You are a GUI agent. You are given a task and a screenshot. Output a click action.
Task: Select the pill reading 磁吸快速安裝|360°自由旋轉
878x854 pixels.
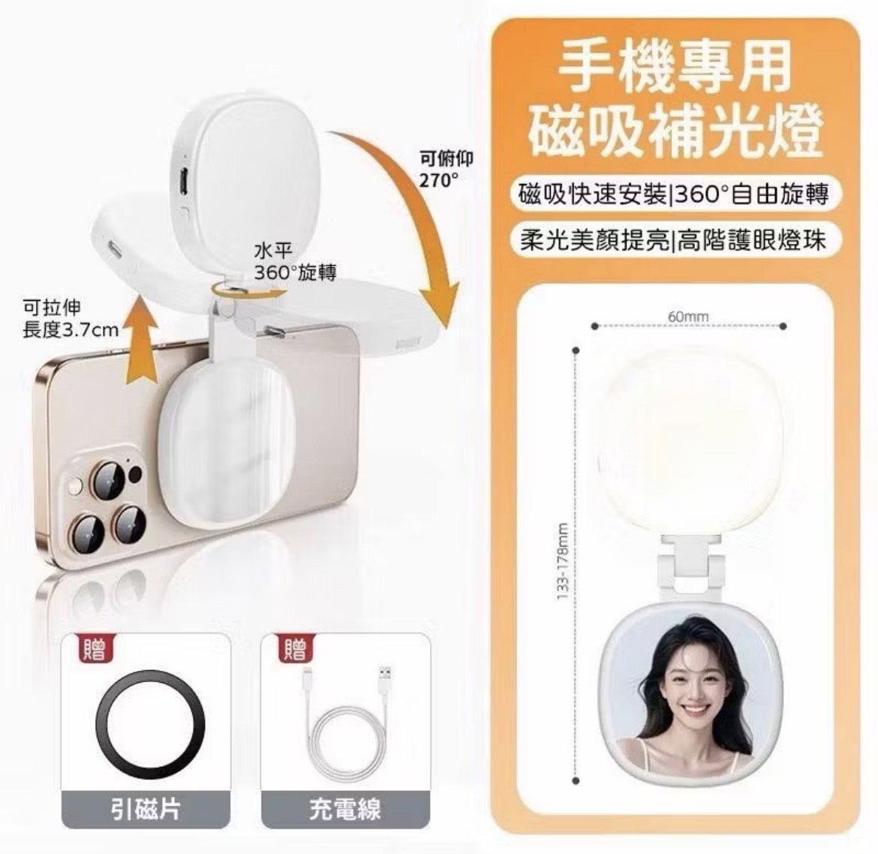point(674,194)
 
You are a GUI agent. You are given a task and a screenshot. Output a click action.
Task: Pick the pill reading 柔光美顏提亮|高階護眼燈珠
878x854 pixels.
point(674,239)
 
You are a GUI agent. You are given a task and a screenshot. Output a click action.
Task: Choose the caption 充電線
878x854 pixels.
point(345,807)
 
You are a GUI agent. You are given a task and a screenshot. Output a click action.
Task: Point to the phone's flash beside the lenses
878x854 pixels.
point(74,487)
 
